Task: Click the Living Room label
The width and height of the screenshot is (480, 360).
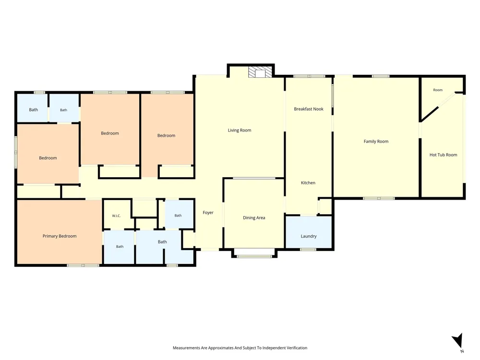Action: tap(240, 130)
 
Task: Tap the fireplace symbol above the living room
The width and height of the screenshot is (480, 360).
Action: tap(260, 72)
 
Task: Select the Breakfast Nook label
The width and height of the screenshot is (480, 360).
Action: tap(309, 109)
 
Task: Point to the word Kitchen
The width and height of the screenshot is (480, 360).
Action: tap(308, 183)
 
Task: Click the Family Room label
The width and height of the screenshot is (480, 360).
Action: tap(376, 142)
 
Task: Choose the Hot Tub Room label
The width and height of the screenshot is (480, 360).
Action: tap(443, 155)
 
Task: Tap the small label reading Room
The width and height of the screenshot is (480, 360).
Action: tap(438, 90)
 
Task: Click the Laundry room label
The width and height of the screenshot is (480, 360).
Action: tap(309, 236)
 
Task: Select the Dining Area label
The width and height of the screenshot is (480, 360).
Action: tap(254, 217)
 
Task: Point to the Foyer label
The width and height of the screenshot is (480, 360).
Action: tap(208, 213)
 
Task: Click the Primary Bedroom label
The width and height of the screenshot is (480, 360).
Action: tap(60, 236)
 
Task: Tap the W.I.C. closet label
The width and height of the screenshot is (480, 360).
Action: tap(116, 216)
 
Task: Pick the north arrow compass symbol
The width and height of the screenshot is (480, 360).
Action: tap(457, 340)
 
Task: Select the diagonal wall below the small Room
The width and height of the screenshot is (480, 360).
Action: tap(430, 114)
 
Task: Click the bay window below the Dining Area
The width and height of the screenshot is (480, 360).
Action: tap(254, 256)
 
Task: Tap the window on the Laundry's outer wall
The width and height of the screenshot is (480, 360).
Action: tap(308, 250)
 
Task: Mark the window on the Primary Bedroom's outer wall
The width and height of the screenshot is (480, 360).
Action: tap(83, 265)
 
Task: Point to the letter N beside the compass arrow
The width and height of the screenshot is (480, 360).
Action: tap(462, 351)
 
